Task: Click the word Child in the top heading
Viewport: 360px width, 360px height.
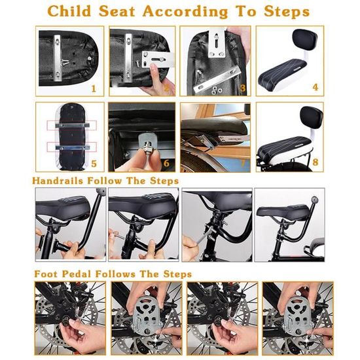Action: point(69,11)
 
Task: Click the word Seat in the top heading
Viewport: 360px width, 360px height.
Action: point(117,11)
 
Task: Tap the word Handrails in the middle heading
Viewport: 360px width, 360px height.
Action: point(58,181)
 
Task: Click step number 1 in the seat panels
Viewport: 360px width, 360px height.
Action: point(94,88)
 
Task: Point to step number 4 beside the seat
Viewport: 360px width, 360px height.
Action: point(315,87)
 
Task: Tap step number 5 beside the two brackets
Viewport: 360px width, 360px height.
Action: point(94,164)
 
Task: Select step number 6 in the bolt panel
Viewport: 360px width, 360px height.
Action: point(166,163)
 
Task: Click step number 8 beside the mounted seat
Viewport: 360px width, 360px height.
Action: point(315,162)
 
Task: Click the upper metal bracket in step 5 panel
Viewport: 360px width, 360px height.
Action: point(72,126)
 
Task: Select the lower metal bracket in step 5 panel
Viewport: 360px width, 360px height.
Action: point(72,147)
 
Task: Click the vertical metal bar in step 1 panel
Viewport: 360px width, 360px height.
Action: point(58,58)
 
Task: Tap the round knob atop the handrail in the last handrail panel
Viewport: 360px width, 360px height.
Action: point(315,198)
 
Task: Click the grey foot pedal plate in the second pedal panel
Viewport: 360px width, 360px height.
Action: point(145,315)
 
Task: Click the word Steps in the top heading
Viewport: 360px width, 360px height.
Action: point(287,11)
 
